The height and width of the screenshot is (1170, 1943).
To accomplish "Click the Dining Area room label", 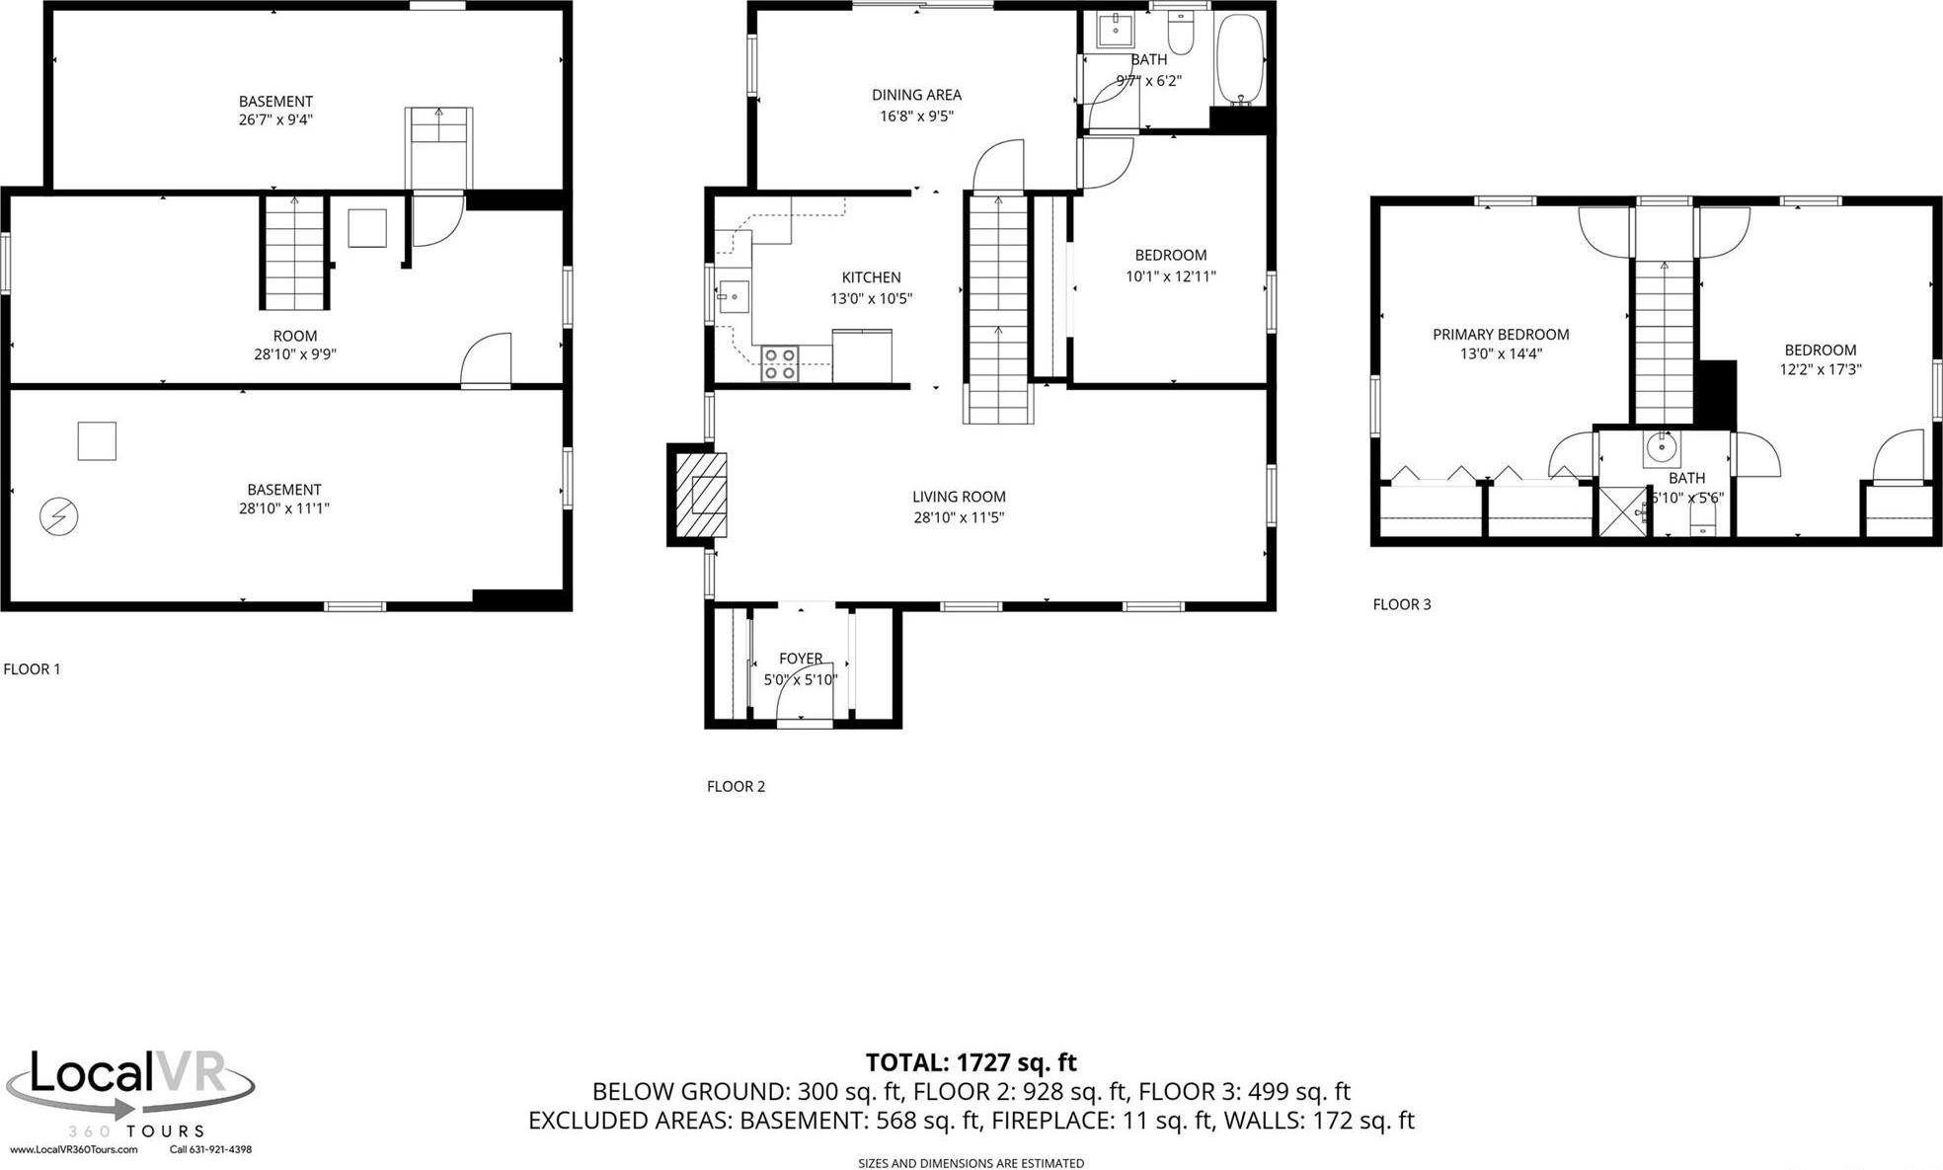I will pos(916,95).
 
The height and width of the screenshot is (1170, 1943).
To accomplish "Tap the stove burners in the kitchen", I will pos(779,363).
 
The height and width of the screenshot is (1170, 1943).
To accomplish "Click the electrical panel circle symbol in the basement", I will pos(59,516).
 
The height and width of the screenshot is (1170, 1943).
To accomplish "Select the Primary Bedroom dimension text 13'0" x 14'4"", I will pos(1501,353).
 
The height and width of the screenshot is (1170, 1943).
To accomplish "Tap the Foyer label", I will pos(800,658).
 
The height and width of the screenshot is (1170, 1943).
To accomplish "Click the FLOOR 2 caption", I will pos(736,786).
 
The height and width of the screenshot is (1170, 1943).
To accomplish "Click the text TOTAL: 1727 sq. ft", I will pos(971,1062).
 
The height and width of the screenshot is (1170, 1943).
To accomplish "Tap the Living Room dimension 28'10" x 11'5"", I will pos(958,517).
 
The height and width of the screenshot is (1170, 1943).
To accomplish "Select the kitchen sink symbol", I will pos(733,296).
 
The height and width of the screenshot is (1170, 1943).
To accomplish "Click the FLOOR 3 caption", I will pos(1401,604).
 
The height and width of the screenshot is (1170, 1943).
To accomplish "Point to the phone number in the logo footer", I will pos(210,1149).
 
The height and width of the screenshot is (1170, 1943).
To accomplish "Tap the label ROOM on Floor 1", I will pos(294,336).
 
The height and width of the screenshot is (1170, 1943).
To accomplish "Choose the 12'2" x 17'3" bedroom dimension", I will pos(1820,369).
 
